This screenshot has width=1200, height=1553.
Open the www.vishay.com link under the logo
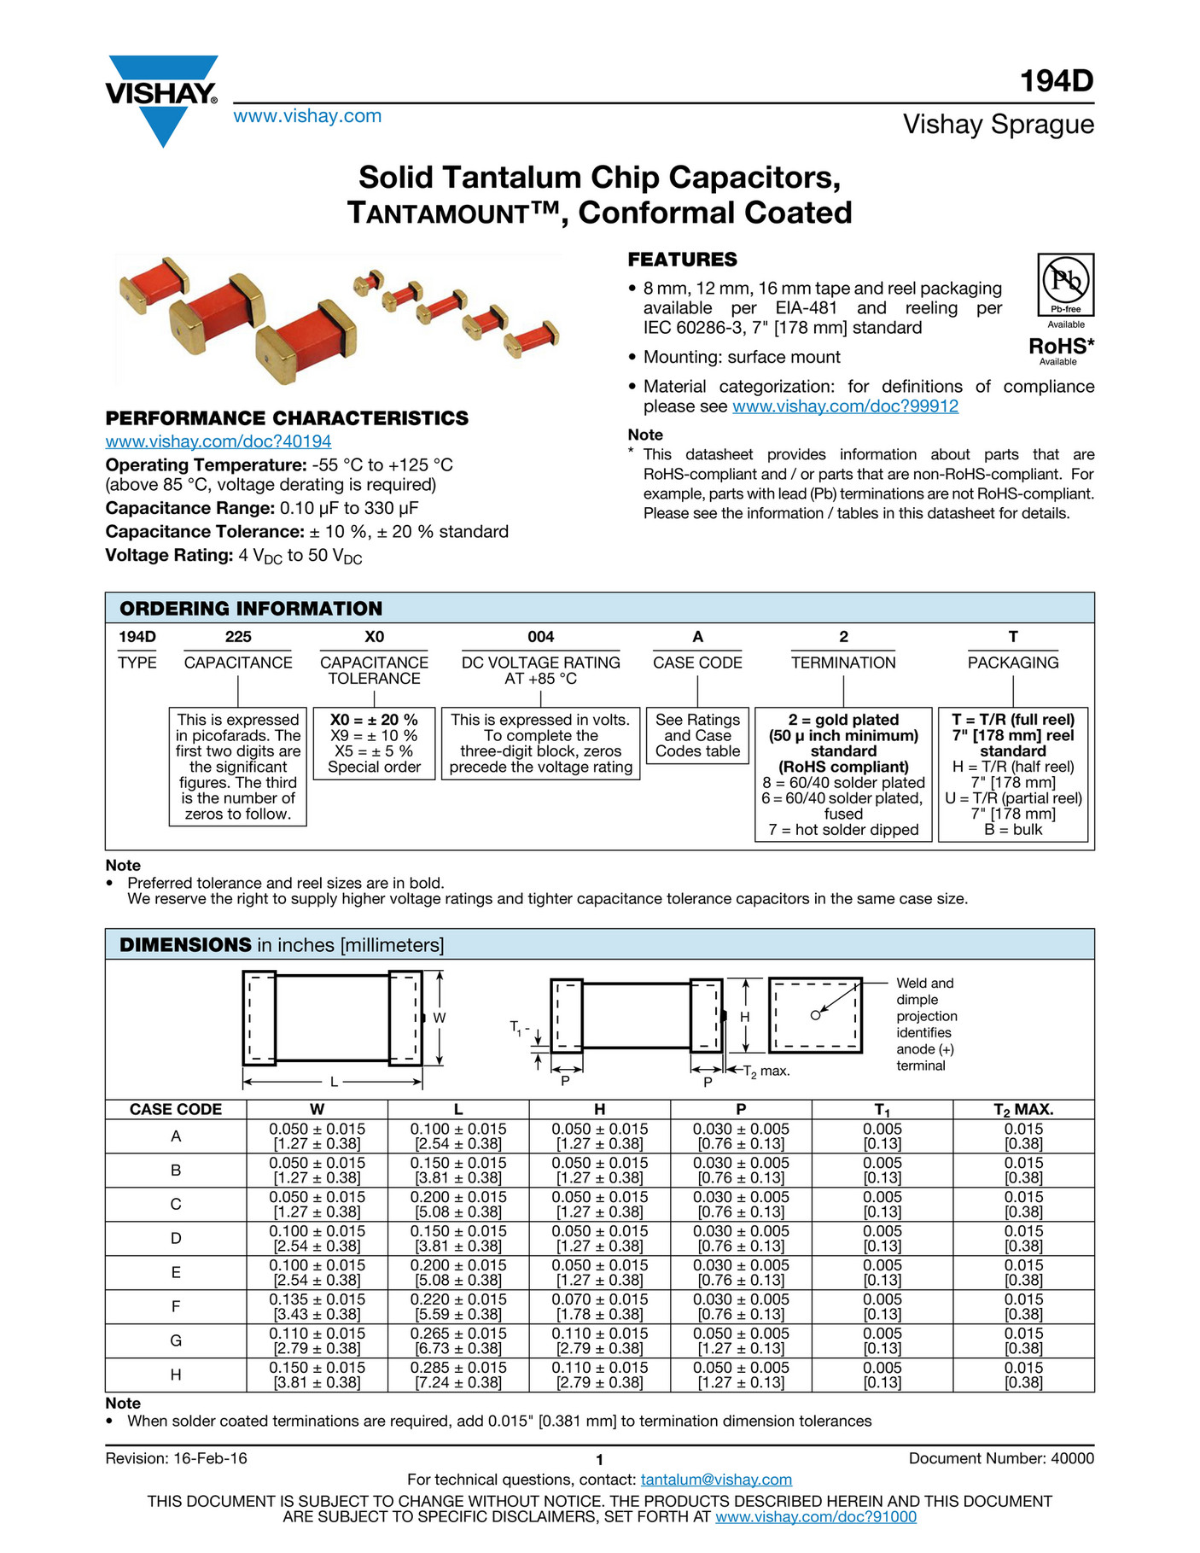[307, 116]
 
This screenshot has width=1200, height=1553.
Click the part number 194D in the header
[1057, 81]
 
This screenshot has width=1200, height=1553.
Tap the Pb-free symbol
[1066, 284]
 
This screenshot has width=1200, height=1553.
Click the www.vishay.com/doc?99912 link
[845, 406]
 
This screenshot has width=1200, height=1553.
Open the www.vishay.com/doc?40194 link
[218, 441]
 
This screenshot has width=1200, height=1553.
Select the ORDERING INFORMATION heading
[251, 609]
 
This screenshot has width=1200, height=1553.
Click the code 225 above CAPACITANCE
[238, 637]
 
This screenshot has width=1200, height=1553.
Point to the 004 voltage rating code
[540, 637]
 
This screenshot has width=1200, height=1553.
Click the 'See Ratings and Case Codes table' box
[697, 735]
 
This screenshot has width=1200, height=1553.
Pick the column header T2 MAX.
[1023, 1110]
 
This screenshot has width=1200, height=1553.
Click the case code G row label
[176, 1340]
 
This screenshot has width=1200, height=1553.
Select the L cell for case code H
[458, 1375]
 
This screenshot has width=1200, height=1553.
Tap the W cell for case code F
[317, 1306]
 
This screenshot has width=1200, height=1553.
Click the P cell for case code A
[741, 1136]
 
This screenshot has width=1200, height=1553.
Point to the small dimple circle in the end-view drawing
[815, 1015]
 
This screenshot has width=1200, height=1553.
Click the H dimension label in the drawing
[745, 1017]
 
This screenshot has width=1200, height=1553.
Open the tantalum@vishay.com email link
[716, 1480]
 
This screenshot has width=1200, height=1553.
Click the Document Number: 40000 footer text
[1000, 1458]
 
